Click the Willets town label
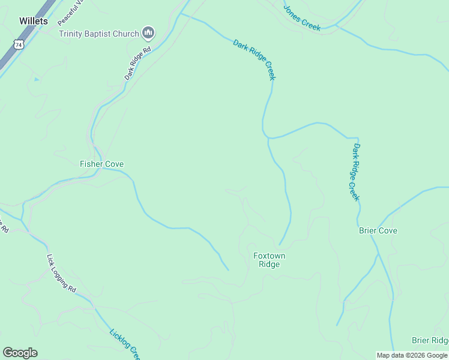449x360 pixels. coord(33,21)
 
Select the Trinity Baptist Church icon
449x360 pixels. coord(148,33)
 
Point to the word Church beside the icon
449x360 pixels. coord(126,34)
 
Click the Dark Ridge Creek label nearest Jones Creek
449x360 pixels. coord(255,59)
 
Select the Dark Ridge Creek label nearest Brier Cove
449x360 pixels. coord(356,172)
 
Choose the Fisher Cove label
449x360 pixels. coord(101,164)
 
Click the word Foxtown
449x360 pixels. coord(269,256)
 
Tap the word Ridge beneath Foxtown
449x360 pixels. coord(269,264)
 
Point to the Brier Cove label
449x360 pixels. coord(378,230)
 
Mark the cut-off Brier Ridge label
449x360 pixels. coord(430,340)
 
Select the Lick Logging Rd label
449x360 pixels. coord(62,274)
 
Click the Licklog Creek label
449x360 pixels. coord(125,344)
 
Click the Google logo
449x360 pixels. coord(20,353)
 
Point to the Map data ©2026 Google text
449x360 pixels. coord(412,355)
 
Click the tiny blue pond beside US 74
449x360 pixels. coord(37,79)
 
